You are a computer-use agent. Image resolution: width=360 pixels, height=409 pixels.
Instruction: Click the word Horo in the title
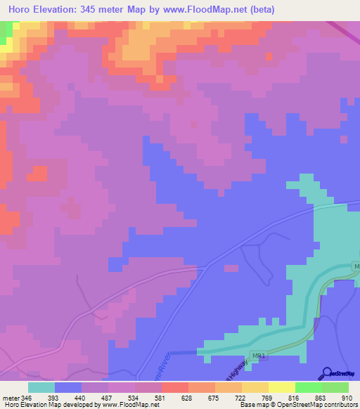click(22, 10)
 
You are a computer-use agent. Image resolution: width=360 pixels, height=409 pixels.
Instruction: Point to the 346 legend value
click(27, 397)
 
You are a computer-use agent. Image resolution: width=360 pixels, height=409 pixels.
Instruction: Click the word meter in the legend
click(10, 397)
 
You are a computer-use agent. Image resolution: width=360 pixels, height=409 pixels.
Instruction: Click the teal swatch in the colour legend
click(41, 387)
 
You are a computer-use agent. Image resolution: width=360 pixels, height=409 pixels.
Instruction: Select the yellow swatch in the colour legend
click(281, 387)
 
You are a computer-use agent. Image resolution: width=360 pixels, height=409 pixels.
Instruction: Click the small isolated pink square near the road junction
click(231, 268)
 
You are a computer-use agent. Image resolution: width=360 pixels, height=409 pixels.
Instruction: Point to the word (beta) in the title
click(259, 10)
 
